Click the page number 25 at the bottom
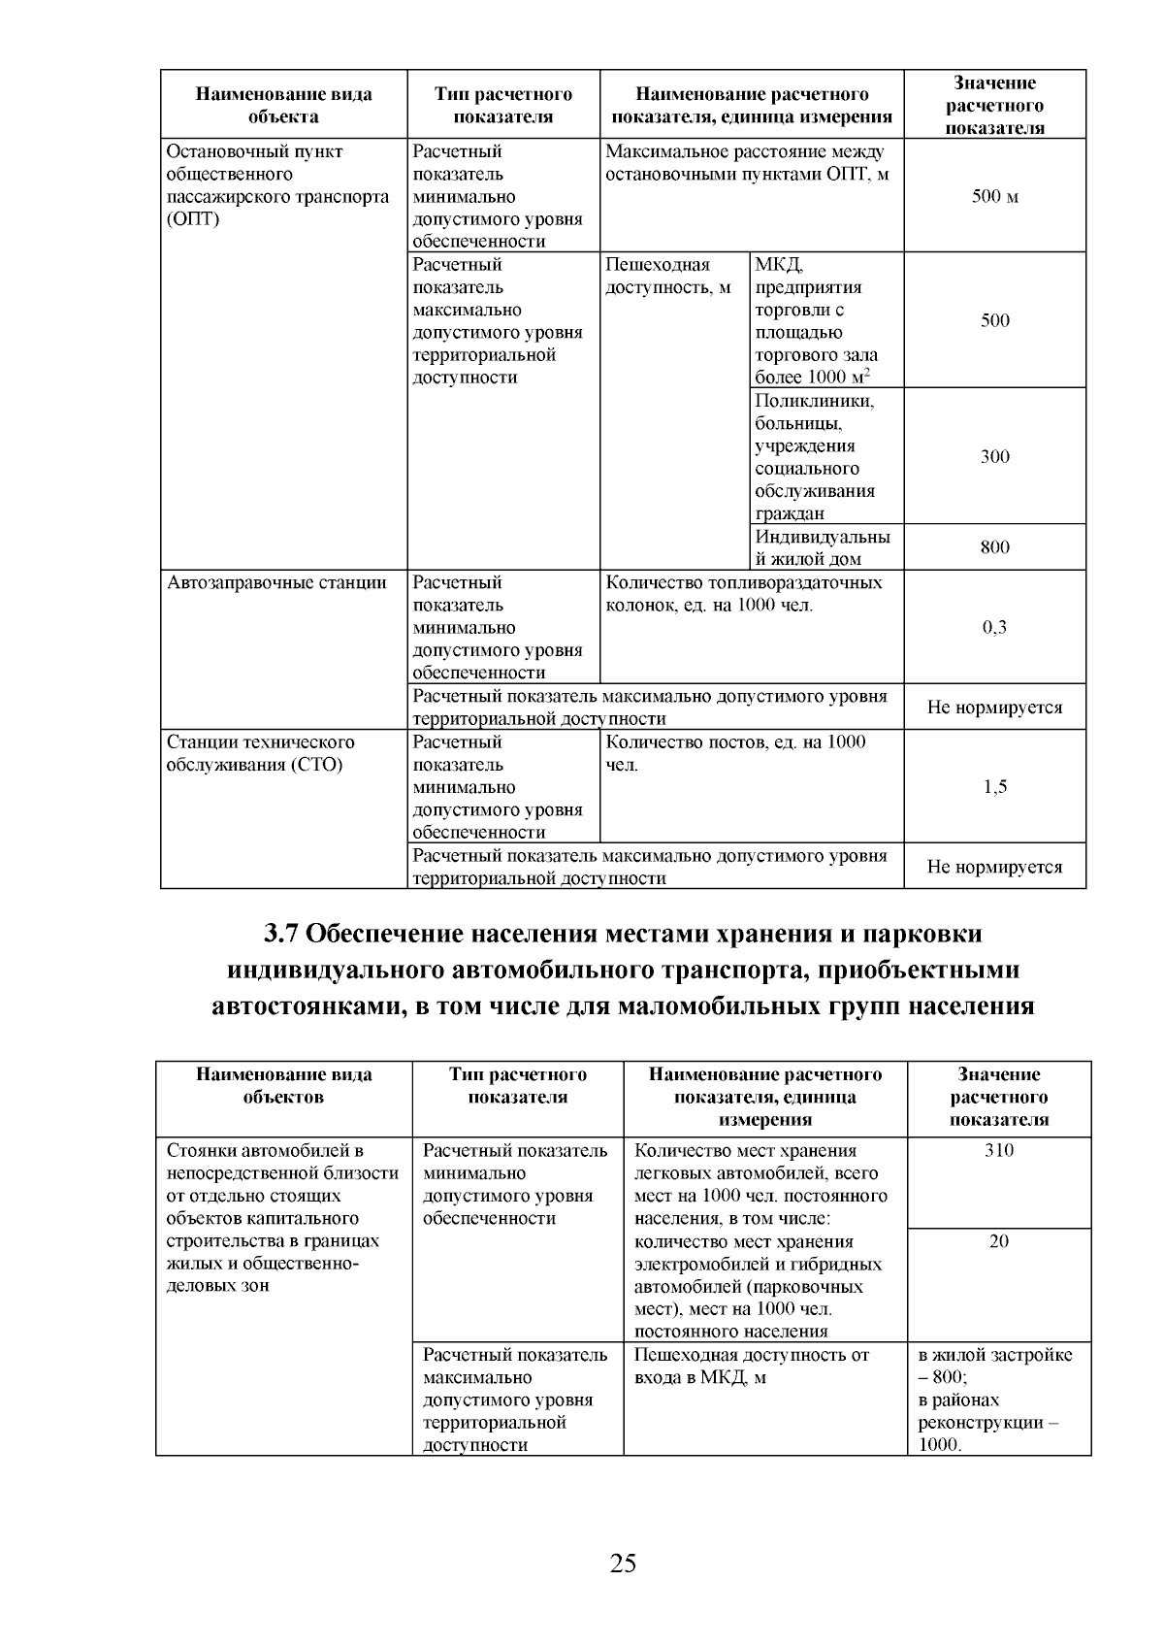point(623,1563)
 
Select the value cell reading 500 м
point(994,197)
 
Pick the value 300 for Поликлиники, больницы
point(994,456)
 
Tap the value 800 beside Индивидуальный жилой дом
point(994,547)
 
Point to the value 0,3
point(994,627)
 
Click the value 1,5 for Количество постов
point(994,787)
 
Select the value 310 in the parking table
point(998,1151)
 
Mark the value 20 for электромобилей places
point(998,1241)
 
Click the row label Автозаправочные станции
point(276,583)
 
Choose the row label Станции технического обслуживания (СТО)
point(261,754)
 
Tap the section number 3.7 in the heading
point(281,934)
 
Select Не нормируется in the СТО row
point(994,867)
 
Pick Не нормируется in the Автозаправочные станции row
point(994,708)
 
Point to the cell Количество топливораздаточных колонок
point(743,594)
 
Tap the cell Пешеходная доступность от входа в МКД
point(752,1367)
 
